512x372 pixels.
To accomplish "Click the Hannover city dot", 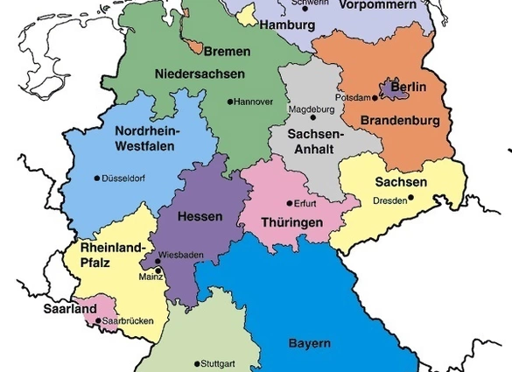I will tap(231, 102).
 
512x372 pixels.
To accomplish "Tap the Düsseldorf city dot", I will tap(97, 179).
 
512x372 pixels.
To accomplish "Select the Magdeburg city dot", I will tap(313, 118).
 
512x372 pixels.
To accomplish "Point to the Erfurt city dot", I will tap(291, 203).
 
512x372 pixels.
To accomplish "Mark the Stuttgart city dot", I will tap(197, 363).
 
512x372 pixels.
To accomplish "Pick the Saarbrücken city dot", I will tap(97, 320).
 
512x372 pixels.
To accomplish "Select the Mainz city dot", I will tap(158, 270).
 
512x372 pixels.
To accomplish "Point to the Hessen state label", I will tap(200, 215).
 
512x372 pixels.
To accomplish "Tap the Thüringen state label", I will tap(292, 223).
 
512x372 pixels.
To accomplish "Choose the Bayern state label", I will tap(310, 342).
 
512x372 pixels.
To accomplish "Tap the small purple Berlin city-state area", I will tap(388, 89).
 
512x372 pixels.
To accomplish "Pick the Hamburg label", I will tap(284, 25).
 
